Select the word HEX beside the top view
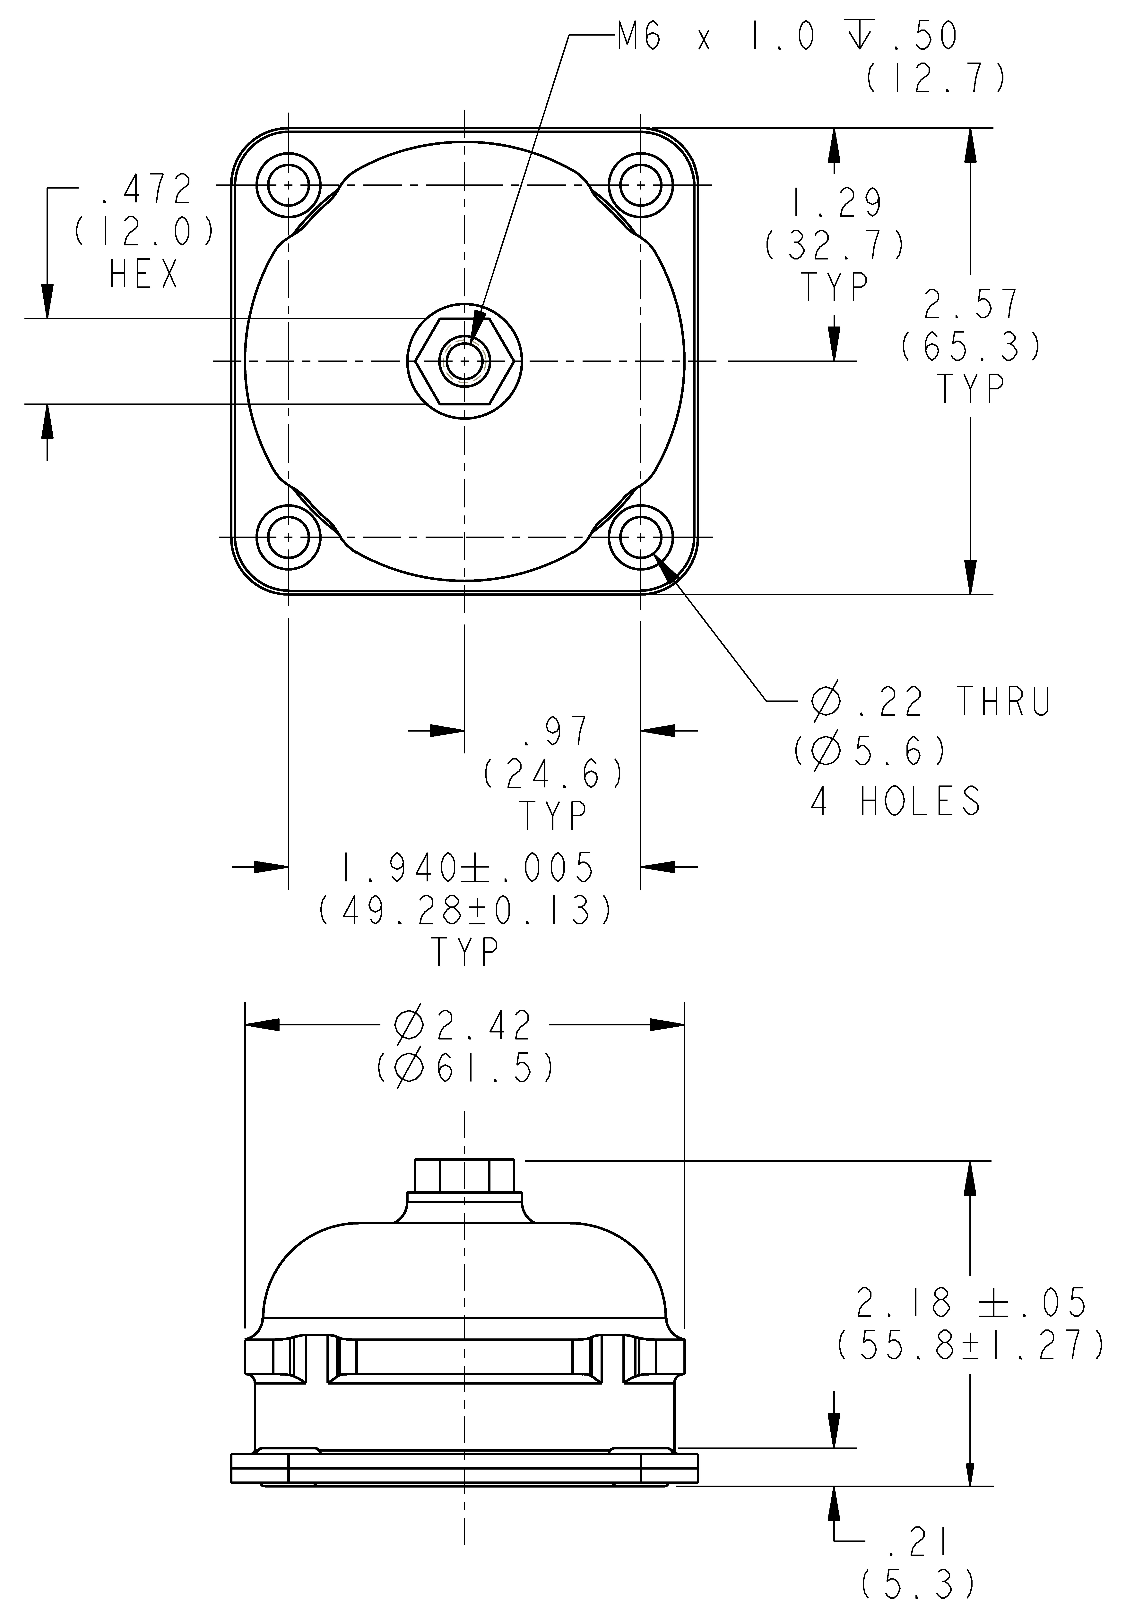[x=144, y=275]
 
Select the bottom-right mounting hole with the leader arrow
[x=641, y=537]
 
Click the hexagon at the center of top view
[x=464, y=361]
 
